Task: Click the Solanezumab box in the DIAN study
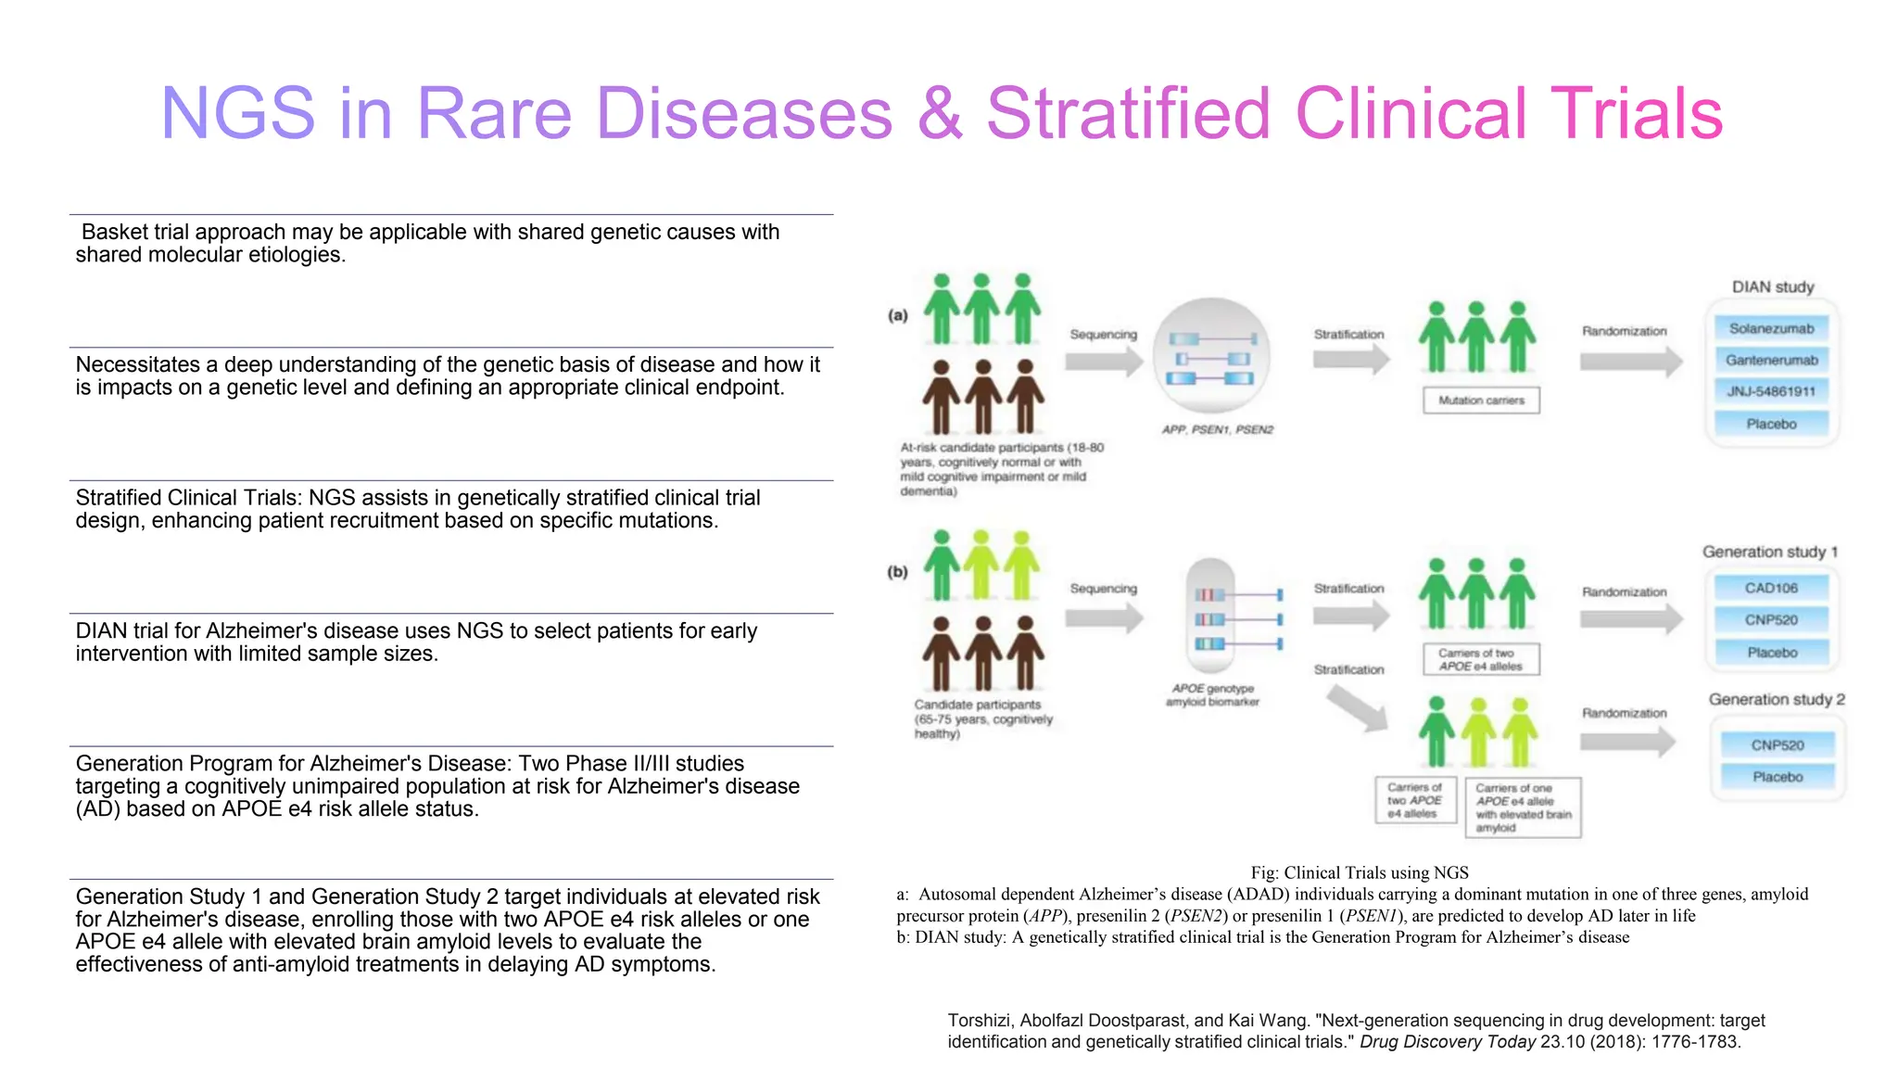pyautogui.click(x=1771, y=328)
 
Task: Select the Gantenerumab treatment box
pyautogui.click(x=1771, y=360)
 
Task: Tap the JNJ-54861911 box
pyautogui.click(x=1771, y=391)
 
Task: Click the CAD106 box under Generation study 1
pyautogui.click(x=1771, y=588)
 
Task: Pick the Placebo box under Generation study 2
pyautogui.click(x=1778, y=777)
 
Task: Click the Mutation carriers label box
pyautogui.click(x=1481, y=400)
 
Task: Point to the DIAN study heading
pyautogui.click(x=1773, y=287)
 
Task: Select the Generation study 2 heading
pyautogui.click(x=1777, y=699)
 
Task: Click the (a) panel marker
pyautogui.click(x=898, y=315)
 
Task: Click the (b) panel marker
pyautogui.click(x=898, y=572)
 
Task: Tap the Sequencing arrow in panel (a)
pyautogui.click(x=1104, y=361)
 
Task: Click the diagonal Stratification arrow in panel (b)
pyautogui.click(x=1356, y=708)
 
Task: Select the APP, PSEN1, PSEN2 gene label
pyautogui.click(x=1218, y=430)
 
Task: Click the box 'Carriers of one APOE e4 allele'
pyautogui.click(x=1523, y=807)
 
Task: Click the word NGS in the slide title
pyautogui.click(x=238, y=114)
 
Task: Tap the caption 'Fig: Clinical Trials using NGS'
pyautogui.click(x=1359, y=872)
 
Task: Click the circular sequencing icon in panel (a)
pyautogui.click(x=1211, y=356)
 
